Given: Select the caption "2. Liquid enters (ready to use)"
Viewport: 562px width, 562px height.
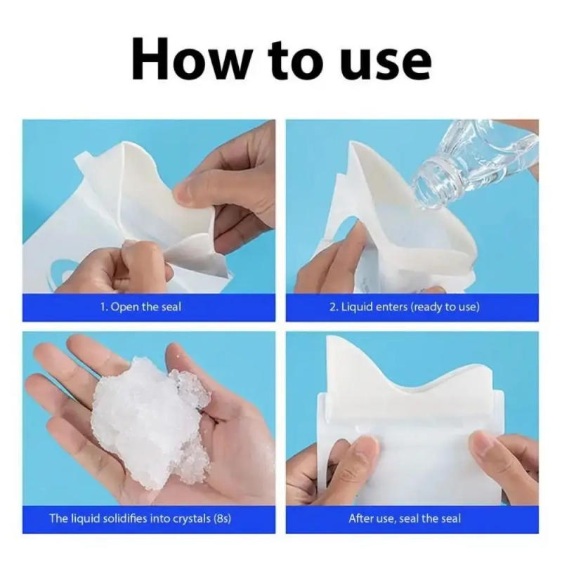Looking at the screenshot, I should pyautogui.click(x=405, y=308).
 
